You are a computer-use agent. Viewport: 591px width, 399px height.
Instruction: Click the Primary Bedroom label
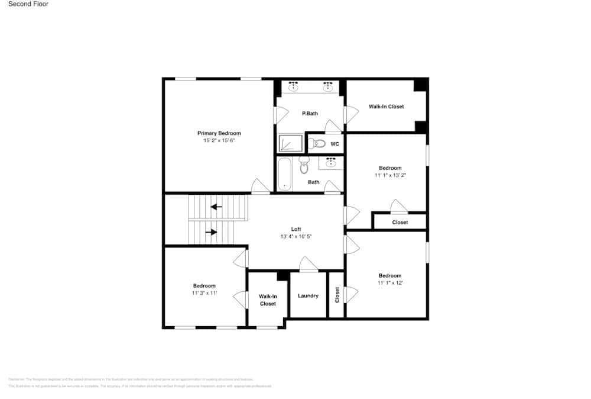pyautogui.click(x=219, y=133)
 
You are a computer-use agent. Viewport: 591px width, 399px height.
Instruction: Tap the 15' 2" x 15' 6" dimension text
pyautogui.click(x=219, y=141)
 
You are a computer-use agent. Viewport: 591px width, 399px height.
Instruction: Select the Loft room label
pyautogui.click(x=295, y=229)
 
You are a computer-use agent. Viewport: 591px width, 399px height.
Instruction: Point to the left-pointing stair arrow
pyautogui.click(x=216, y=207)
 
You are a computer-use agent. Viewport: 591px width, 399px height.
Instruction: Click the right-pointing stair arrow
pyautogui.click(x=210, y=232)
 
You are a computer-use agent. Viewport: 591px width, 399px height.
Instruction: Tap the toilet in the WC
pyautogui.click(x=317, y=143)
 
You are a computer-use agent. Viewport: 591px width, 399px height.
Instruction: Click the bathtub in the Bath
pyautogui.click(x=285, y=173)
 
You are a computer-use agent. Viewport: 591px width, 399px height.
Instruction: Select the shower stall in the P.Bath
pyautogui.click(x=290, y=143)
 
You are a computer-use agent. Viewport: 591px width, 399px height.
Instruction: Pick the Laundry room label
pyautogui.click(x=308, y=295)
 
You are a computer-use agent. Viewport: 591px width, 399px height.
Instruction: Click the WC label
pyautogui.click(x=335, y=144)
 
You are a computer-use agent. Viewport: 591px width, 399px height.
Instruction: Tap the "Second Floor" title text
pyautogui.click(x=28, y=4)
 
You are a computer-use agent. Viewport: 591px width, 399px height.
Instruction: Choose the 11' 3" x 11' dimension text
pyautogui.click(x=204, y=293)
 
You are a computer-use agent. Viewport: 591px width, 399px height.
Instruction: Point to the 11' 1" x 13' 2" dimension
pyautogui.click(x=390, y=175)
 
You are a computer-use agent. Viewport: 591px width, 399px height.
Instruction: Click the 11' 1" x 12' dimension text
pyautogui.click(x=390, y=283)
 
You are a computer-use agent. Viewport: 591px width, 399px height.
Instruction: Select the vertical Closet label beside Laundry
pyautogui.click(x=337, y=294)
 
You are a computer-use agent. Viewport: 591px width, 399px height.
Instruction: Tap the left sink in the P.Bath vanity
pyautogui.click(x=292, y=86)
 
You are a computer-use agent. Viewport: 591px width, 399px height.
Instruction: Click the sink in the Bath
pyautogui.click(x=331, y=162)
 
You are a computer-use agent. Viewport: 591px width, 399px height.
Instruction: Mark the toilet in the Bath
pyautogui.click(x=304, y=166)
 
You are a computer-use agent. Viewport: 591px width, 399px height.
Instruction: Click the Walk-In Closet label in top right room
pyautogui.click(x=386, y=107)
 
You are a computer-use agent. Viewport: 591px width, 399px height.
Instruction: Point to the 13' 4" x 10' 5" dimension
pyautogui.click(x=295, y=236)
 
